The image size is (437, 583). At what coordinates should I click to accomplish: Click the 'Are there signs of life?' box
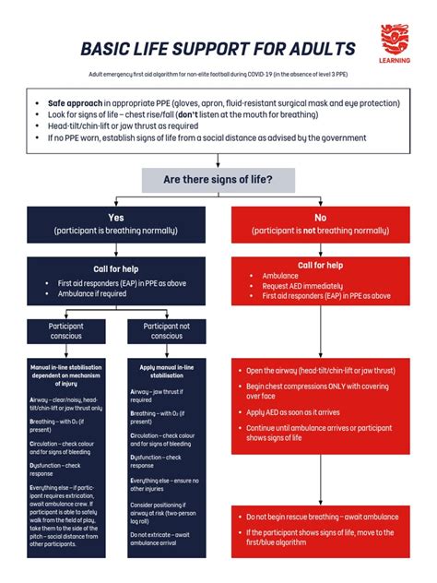(x=218, y=179)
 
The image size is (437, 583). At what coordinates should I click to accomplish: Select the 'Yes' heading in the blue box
(x=115, y=217)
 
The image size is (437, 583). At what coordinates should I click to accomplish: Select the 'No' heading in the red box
(x=320, y=217)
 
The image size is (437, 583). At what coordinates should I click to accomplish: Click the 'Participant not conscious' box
(x=167, y=330)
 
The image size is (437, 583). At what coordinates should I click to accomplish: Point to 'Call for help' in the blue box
(x=115, y=268)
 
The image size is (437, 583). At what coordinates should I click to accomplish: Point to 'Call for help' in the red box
(x=320, y=265)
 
